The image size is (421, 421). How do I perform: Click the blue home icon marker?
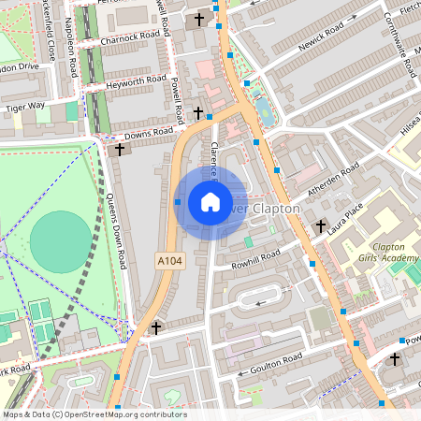(x=210, y=202)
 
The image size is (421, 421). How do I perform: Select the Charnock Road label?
(x=131, y=36)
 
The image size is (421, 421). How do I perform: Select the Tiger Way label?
(x=24, y=107)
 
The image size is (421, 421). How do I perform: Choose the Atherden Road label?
(x=334, y=178)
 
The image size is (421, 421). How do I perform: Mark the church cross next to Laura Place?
(x=321, y=225)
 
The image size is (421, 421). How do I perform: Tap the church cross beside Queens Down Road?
(x=119, y=149)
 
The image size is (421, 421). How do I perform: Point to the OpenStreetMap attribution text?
(x=94, y=414)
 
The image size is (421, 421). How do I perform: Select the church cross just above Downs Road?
(x=197, y=113)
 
